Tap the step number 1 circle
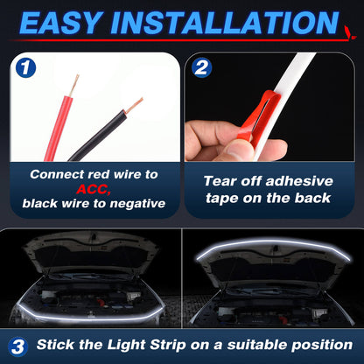(x=26, y=68)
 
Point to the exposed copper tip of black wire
(x=133, y=104)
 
